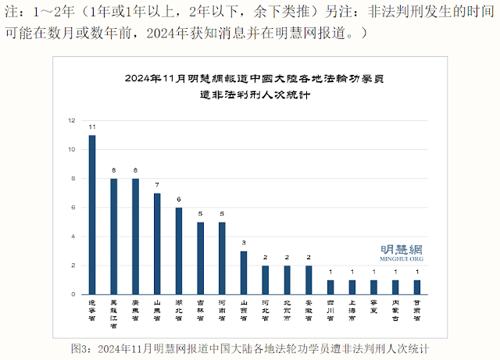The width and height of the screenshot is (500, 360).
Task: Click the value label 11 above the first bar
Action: [92, 127]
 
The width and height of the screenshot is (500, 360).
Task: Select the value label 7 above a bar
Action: [156, 185]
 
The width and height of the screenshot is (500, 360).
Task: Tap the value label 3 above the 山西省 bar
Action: [243, 243]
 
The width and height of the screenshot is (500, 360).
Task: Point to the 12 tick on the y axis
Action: [72, 120]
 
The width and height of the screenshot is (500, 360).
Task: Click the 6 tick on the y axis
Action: [73, 208]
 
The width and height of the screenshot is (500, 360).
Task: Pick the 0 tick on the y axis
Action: [73, 294]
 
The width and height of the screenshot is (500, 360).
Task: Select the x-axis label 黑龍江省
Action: [113, 313]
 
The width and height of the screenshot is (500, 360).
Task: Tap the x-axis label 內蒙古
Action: [395, 310]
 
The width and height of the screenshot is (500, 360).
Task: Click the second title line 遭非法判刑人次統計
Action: [254, 95]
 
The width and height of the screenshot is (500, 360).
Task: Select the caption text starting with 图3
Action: [249, 348]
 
